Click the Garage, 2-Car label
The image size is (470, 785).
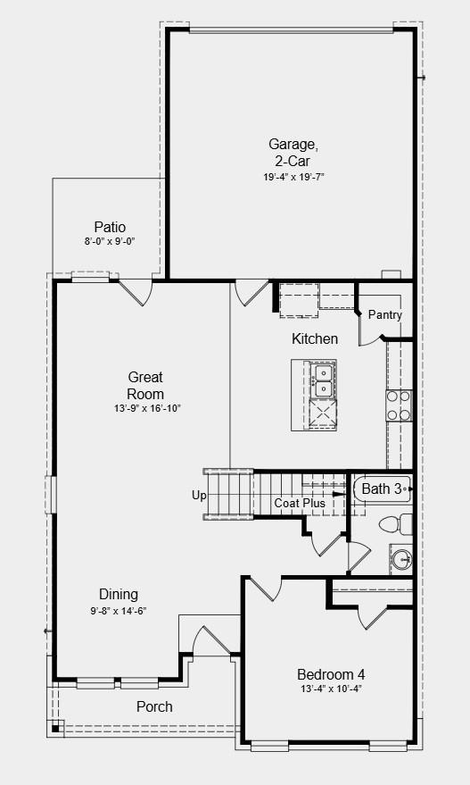pyautogui.click(x=293, y=153)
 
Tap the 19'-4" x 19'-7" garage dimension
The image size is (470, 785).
pyautogui.click(x=291, y=177)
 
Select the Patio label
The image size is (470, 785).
pyautogui.click(x=110, y=228)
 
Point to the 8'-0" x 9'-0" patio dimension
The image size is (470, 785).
pyautogui.click(x=110, y=241)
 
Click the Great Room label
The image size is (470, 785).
pyautogui.click(x=145, y=385)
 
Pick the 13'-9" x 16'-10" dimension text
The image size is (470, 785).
pyautogui.click(x=147, y=408)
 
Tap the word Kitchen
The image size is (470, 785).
pyautogui.click(x=315, y=339)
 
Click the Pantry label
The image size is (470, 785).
pyautogui.click(x=385, y=315)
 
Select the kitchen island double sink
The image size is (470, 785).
pyautogui.click(x=324, y=380)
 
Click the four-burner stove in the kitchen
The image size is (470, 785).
pyautogui.click(x=399, y=405)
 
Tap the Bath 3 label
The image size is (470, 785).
pyautogui.click(x=382, y=489)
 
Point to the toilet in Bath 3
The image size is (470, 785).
pyautogui.click(x=395, y=524)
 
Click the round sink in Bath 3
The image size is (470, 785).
pyautogui.click(x=401, y=559)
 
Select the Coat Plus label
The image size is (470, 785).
pyautogui.click(x=300, y=503)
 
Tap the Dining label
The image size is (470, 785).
pyautogui.click(x=119, y=594)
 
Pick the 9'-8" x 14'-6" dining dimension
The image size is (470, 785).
pyautogui.click(x=119, y=610)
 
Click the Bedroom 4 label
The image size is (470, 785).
pyautogui.click(x=331, y=674)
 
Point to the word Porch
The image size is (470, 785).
pyautogui.click(x=154, y=707)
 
